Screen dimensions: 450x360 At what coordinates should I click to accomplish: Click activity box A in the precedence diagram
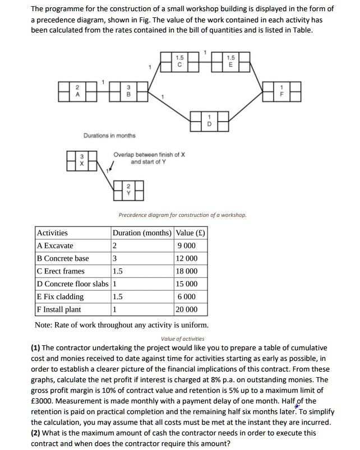79,91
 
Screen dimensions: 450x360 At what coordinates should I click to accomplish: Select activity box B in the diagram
129,91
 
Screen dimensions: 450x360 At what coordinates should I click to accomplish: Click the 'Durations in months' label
109,135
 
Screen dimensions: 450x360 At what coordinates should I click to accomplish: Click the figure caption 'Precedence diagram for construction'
182,215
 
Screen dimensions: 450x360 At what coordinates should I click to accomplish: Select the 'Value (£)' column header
191,233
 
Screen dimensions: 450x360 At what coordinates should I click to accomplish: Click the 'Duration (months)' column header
142,233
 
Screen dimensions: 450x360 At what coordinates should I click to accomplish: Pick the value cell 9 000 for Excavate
187,245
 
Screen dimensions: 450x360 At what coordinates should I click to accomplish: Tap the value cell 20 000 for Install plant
187,309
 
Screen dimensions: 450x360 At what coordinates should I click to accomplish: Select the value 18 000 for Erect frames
187,271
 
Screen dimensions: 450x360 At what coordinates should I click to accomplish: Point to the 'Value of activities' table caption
182,338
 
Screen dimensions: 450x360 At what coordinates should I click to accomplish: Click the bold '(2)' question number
37,433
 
